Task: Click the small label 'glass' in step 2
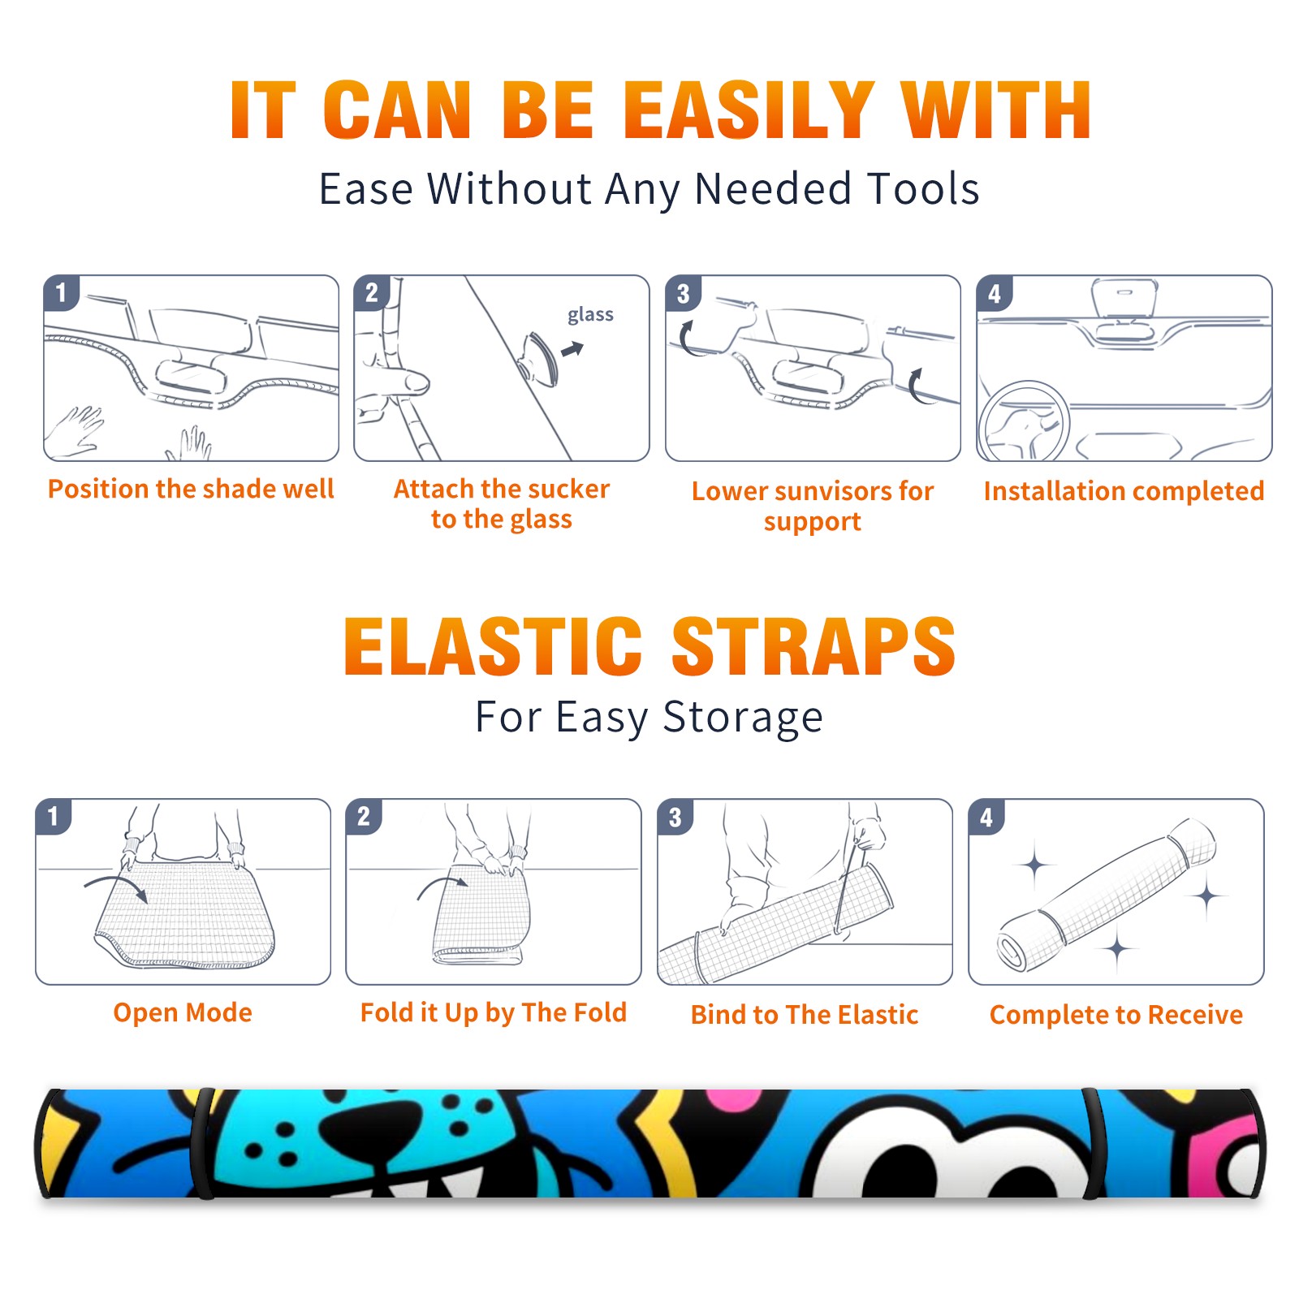(x=590, y=314)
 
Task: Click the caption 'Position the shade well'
(x=191, y=489)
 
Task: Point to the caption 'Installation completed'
(x=1124, y=490)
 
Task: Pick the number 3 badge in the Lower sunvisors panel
(x=683, y=294)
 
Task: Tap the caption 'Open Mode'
(x=183, y=1012)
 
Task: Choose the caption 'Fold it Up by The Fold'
(x=494, y=1012)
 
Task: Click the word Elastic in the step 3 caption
(x=878, y=1014)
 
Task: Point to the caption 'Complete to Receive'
(x=1116, y=1014)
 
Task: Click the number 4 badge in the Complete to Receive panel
(x=986, y=817)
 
